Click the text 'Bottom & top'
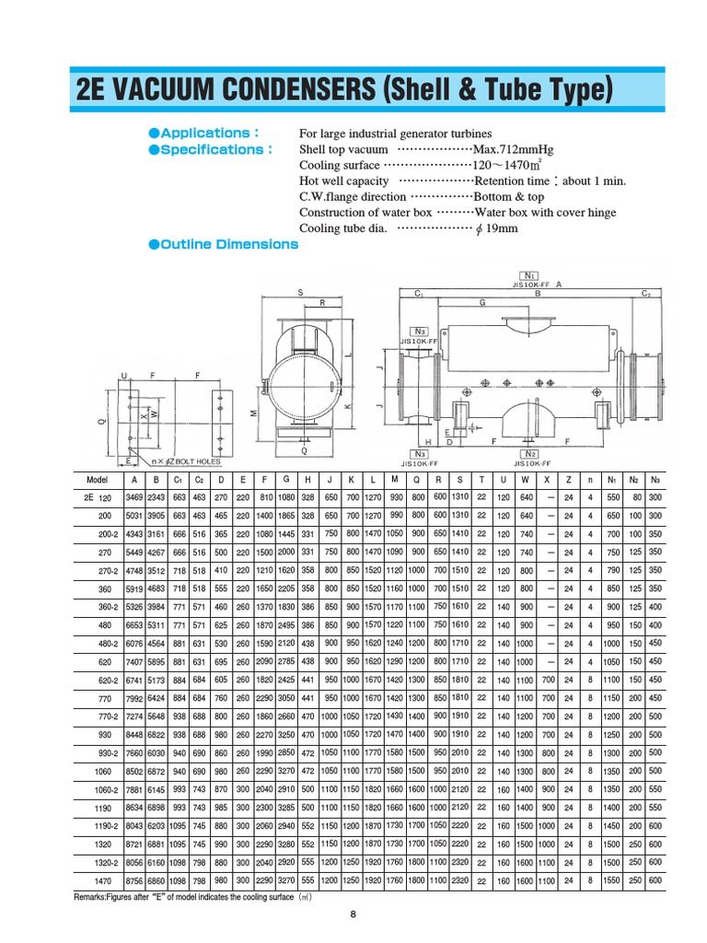tap(508, 196)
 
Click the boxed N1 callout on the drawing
tap(531, 275)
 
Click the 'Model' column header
tap(97, 480)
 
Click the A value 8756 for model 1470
tap(133, 880)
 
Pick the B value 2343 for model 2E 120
tap(156, 498)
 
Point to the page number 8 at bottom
tap(353, 914)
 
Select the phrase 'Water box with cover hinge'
tap(545, 213)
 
